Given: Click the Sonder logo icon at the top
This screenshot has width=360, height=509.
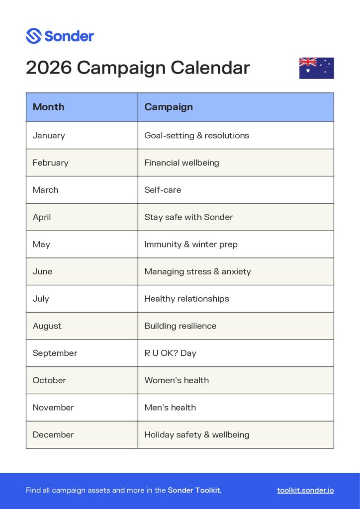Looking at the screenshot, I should click(x=33, y=36).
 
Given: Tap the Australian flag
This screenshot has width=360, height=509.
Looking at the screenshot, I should click(x=316, y=68).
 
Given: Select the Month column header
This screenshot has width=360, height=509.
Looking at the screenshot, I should click(x=49, y=107).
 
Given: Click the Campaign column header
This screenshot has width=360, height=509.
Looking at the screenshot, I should click(x=169, y=107).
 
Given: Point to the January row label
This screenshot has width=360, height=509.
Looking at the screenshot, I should click(x=49, y=135).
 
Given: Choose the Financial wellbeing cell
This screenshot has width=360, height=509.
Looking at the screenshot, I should click(x=181, y=163).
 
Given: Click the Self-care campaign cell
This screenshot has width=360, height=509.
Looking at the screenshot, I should click(x=163, y=190).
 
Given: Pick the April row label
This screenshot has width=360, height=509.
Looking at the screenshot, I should click(x=42, y=217).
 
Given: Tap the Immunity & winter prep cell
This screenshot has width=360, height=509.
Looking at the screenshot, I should click(x=191, y=244).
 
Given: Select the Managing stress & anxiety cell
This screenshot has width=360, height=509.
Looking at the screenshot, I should click(x=197, y=271).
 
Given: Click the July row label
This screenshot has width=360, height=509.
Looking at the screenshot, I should click(x=41, y=299).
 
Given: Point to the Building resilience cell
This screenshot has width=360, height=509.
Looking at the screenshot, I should click(x=180, y=326).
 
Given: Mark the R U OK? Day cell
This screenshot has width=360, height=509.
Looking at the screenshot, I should click(x=170, y=353).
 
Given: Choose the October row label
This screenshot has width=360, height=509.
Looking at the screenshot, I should click(x=49, y=380).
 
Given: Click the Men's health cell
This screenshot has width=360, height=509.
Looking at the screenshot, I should click(x=170, y=408).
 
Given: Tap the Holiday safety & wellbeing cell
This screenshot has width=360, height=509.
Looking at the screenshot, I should click(x=197, y=434).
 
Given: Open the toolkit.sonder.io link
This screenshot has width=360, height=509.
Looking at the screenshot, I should click(x=305, y=491).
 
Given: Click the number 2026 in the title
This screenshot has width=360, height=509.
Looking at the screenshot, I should click(x=49, y=68).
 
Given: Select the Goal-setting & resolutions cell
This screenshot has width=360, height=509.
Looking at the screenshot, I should click(x=196, y=135).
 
